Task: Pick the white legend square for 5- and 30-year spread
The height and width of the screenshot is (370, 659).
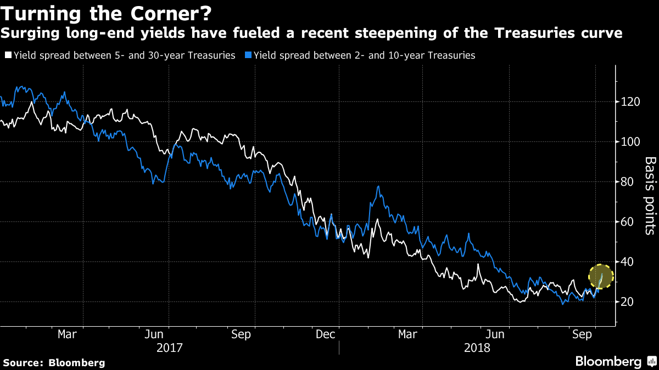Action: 8,55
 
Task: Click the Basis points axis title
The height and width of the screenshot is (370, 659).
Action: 650,196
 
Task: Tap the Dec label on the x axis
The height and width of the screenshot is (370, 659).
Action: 325,334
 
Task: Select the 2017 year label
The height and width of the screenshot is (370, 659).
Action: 169,348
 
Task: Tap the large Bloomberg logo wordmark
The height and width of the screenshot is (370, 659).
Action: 608,361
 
